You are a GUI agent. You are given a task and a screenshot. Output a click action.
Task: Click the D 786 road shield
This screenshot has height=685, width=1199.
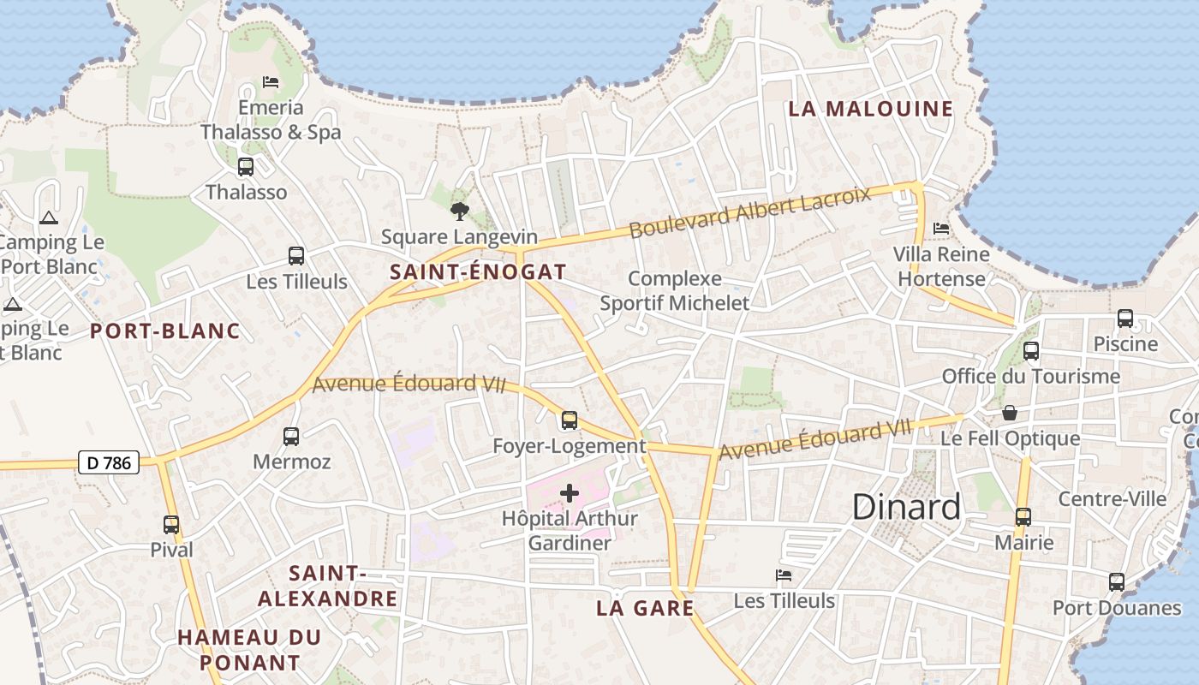[109, 463]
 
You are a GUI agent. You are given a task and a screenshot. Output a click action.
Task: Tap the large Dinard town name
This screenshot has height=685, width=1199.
[906, 507]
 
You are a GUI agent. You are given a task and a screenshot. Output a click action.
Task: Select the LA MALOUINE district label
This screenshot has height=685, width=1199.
[870, 109]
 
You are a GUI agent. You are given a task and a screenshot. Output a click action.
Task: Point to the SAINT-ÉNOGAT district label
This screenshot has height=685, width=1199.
[478, 272]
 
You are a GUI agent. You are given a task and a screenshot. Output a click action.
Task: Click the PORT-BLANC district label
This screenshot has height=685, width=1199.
[165, 331]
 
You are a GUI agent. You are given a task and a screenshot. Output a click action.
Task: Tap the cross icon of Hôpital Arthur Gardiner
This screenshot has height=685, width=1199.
[570, 493]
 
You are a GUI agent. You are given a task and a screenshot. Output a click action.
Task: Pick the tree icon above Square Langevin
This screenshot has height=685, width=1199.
[460, 211]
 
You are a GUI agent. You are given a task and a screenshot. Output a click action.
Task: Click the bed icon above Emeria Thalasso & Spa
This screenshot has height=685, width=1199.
[271, 82]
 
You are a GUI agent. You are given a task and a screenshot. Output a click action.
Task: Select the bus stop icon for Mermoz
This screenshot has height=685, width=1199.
[291, 437]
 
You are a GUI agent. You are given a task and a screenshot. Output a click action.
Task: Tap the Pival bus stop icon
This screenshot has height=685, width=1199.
[171, 525]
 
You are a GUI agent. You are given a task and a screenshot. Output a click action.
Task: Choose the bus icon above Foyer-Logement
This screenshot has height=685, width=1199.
[570, 420]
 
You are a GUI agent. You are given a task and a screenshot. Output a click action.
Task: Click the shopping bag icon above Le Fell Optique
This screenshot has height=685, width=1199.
[1011, 414]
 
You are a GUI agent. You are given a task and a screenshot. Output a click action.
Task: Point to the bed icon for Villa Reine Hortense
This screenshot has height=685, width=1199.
[941, 229]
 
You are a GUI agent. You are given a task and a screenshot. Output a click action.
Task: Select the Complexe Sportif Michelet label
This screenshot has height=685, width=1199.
[675, 291]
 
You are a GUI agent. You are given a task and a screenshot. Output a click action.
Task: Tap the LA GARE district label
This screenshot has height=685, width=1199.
[645, 608]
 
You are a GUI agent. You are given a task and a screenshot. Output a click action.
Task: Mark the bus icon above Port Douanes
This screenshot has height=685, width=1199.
[1117, 582]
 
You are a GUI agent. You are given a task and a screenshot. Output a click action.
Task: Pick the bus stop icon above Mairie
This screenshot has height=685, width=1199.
[1023, 517]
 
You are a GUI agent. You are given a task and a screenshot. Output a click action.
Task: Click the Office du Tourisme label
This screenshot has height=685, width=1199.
[1031, 376]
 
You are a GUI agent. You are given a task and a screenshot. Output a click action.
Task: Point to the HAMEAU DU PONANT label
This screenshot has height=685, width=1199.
[250, 649]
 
